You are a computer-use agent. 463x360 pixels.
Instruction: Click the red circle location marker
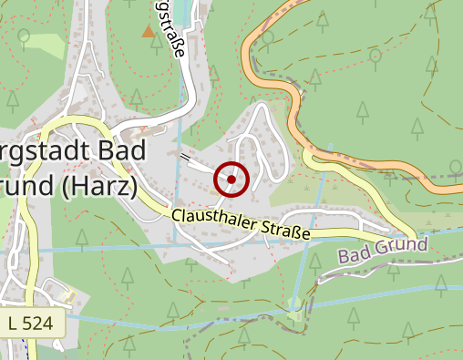pyautogui.click(x=231, y=180)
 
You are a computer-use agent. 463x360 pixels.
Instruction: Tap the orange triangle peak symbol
pyautogui.click(x=148, y=32)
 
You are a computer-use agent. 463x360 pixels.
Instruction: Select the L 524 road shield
pyautogui.click(x=34, y=322)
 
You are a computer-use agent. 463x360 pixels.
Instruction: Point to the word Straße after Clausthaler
pyautogui.click(x=286, y=231)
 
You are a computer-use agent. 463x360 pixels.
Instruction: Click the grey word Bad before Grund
pyautogui.click(x=357, y=257)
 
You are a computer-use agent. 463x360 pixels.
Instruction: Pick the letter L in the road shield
pyautogui.click(x=15, y=322)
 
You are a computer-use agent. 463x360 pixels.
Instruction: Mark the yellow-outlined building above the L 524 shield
pyautogui.click(x=67, y=295)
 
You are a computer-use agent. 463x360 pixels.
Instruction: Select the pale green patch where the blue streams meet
pyautogui.click(x=294, y=306)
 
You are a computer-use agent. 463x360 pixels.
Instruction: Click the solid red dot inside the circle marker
pyautogui.click(x=231, y=180)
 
